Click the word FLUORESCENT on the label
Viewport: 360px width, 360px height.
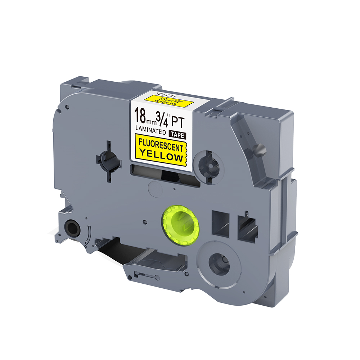tap(161, 145)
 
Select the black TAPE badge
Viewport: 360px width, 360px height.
tap(177, 135)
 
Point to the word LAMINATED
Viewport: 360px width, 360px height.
tap(150, 131)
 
